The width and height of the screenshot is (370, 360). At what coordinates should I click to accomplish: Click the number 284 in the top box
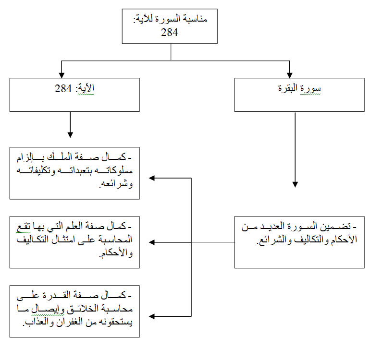(171, 32)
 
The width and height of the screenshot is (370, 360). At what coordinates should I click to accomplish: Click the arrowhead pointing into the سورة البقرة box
(289, 74)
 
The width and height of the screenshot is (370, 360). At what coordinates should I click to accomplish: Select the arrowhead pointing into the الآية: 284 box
(62, 74)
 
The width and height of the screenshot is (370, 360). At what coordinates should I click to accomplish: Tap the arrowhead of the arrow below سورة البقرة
(295, 184)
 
